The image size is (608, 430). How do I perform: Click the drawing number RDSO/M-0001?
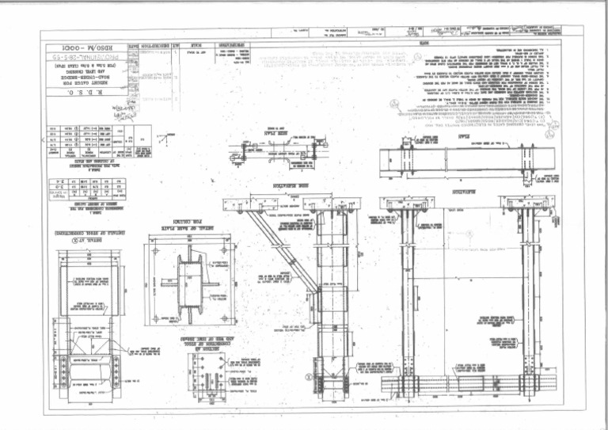76,47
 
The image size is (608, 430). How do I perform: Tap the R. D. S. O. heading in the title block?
77,93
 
